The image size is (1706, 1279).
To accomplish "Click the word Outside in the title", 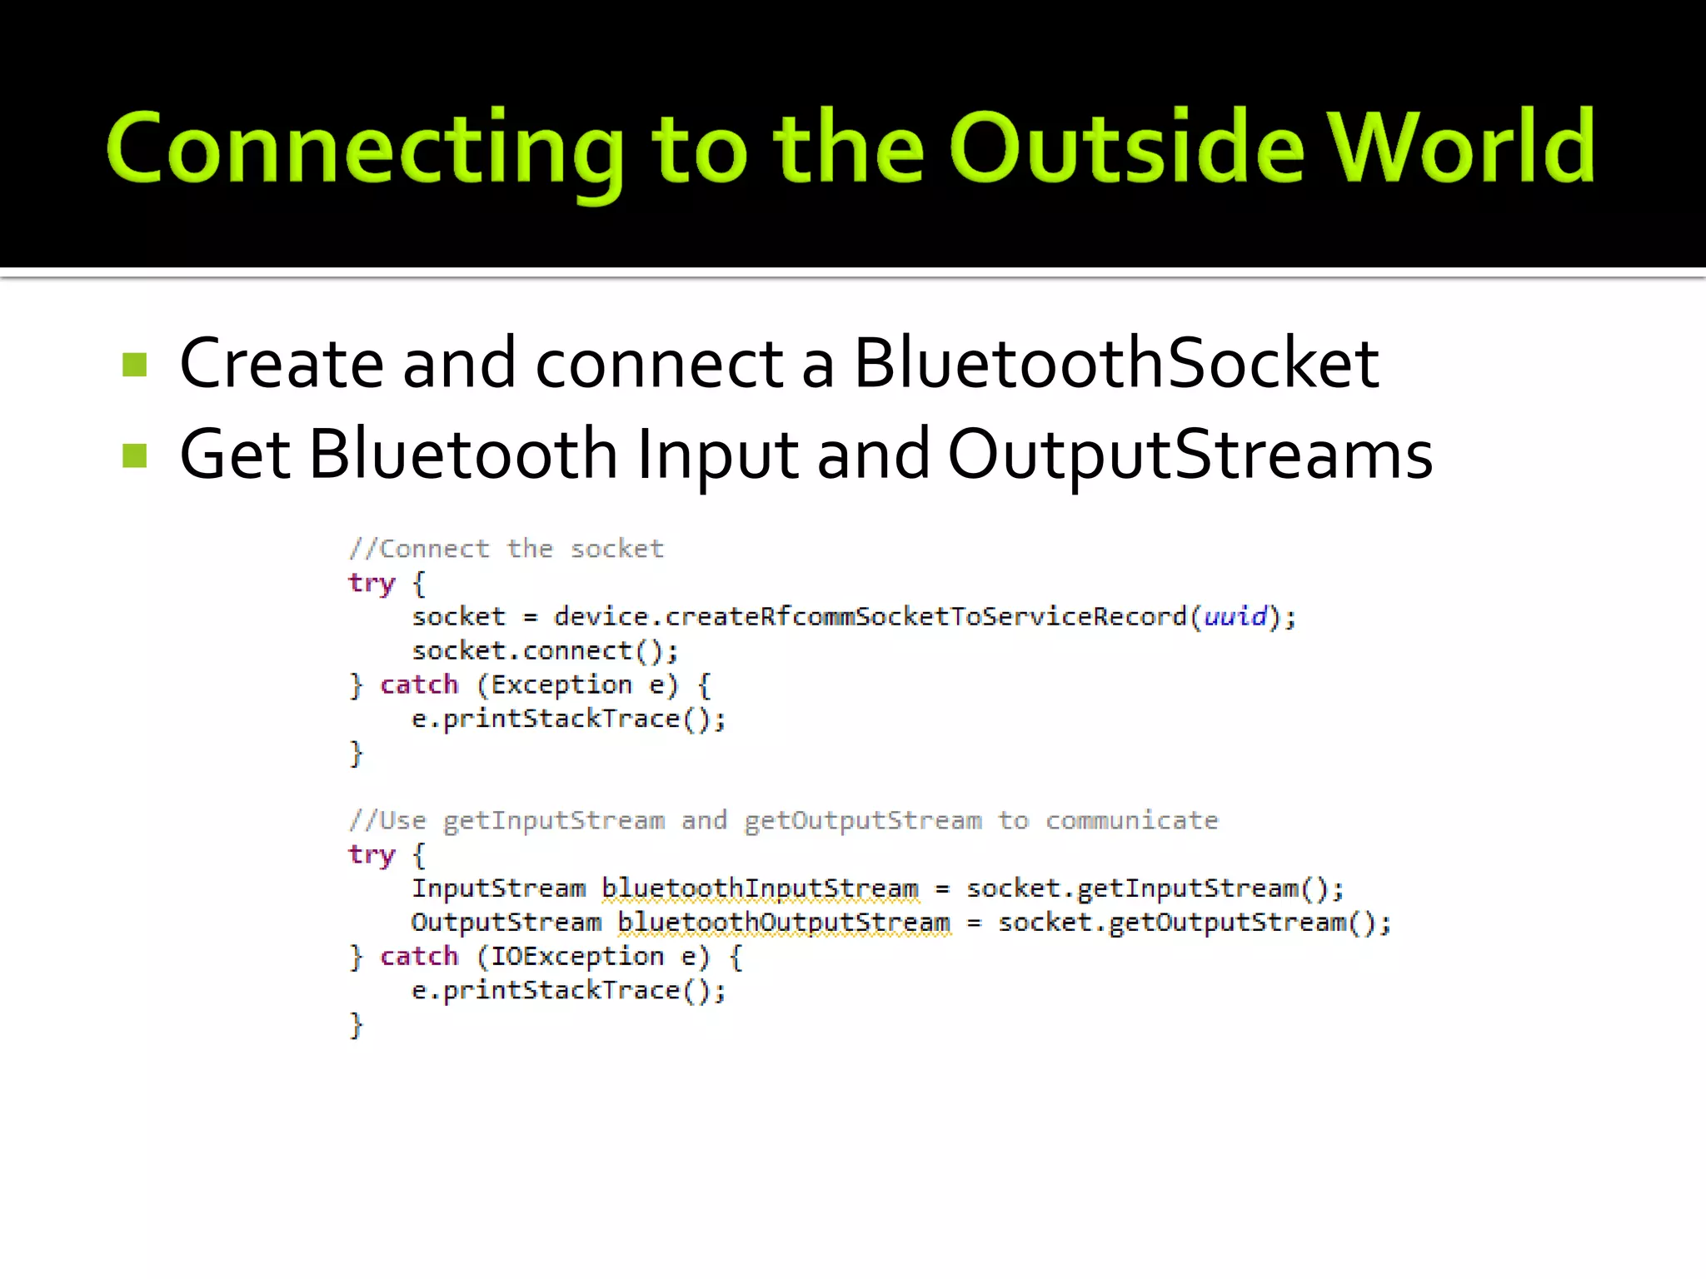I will pos(1126,148).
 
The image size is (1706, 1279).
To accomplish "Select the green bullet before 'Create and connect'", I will pos(134,365).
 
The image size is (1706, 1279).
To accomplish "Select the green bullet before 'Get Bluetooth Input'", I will pos(134,455).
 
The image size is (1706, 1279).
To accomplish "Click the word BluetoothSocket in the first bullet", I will pos(1116,364).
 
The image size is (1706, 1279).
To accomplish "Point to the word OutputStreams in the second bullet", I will pos(1190,455).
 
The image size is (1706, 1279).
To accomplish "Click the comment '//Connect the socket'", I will pos(506,549).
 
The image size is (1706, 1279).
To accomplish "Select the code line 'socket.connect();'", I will pos(545,651).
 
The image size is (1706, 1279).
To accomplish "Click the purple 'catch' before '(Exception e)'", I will pos(419,685).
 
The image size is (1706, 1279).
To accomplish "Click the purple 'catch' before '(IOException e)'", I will pos(419,957).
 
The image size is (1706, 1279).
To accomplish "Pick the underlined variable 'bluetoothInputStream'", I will pos(760,889).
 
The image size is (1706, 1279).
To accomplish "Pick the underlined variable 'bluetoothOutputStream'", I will pos(783,923).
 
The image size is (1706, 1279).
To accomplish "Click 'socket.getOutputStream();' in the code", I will pos(1194,923).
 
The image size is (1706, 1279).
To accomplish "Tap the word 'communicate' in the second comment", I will pos(1131,821).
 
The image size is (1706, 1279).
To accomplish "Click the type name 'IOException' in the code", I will pos(576,957).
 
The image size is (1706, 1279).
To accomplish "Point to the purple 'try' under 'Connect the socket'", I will pos(371,583).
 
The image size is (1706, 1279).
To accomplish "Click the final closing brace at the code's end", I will pos(357,1025).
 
